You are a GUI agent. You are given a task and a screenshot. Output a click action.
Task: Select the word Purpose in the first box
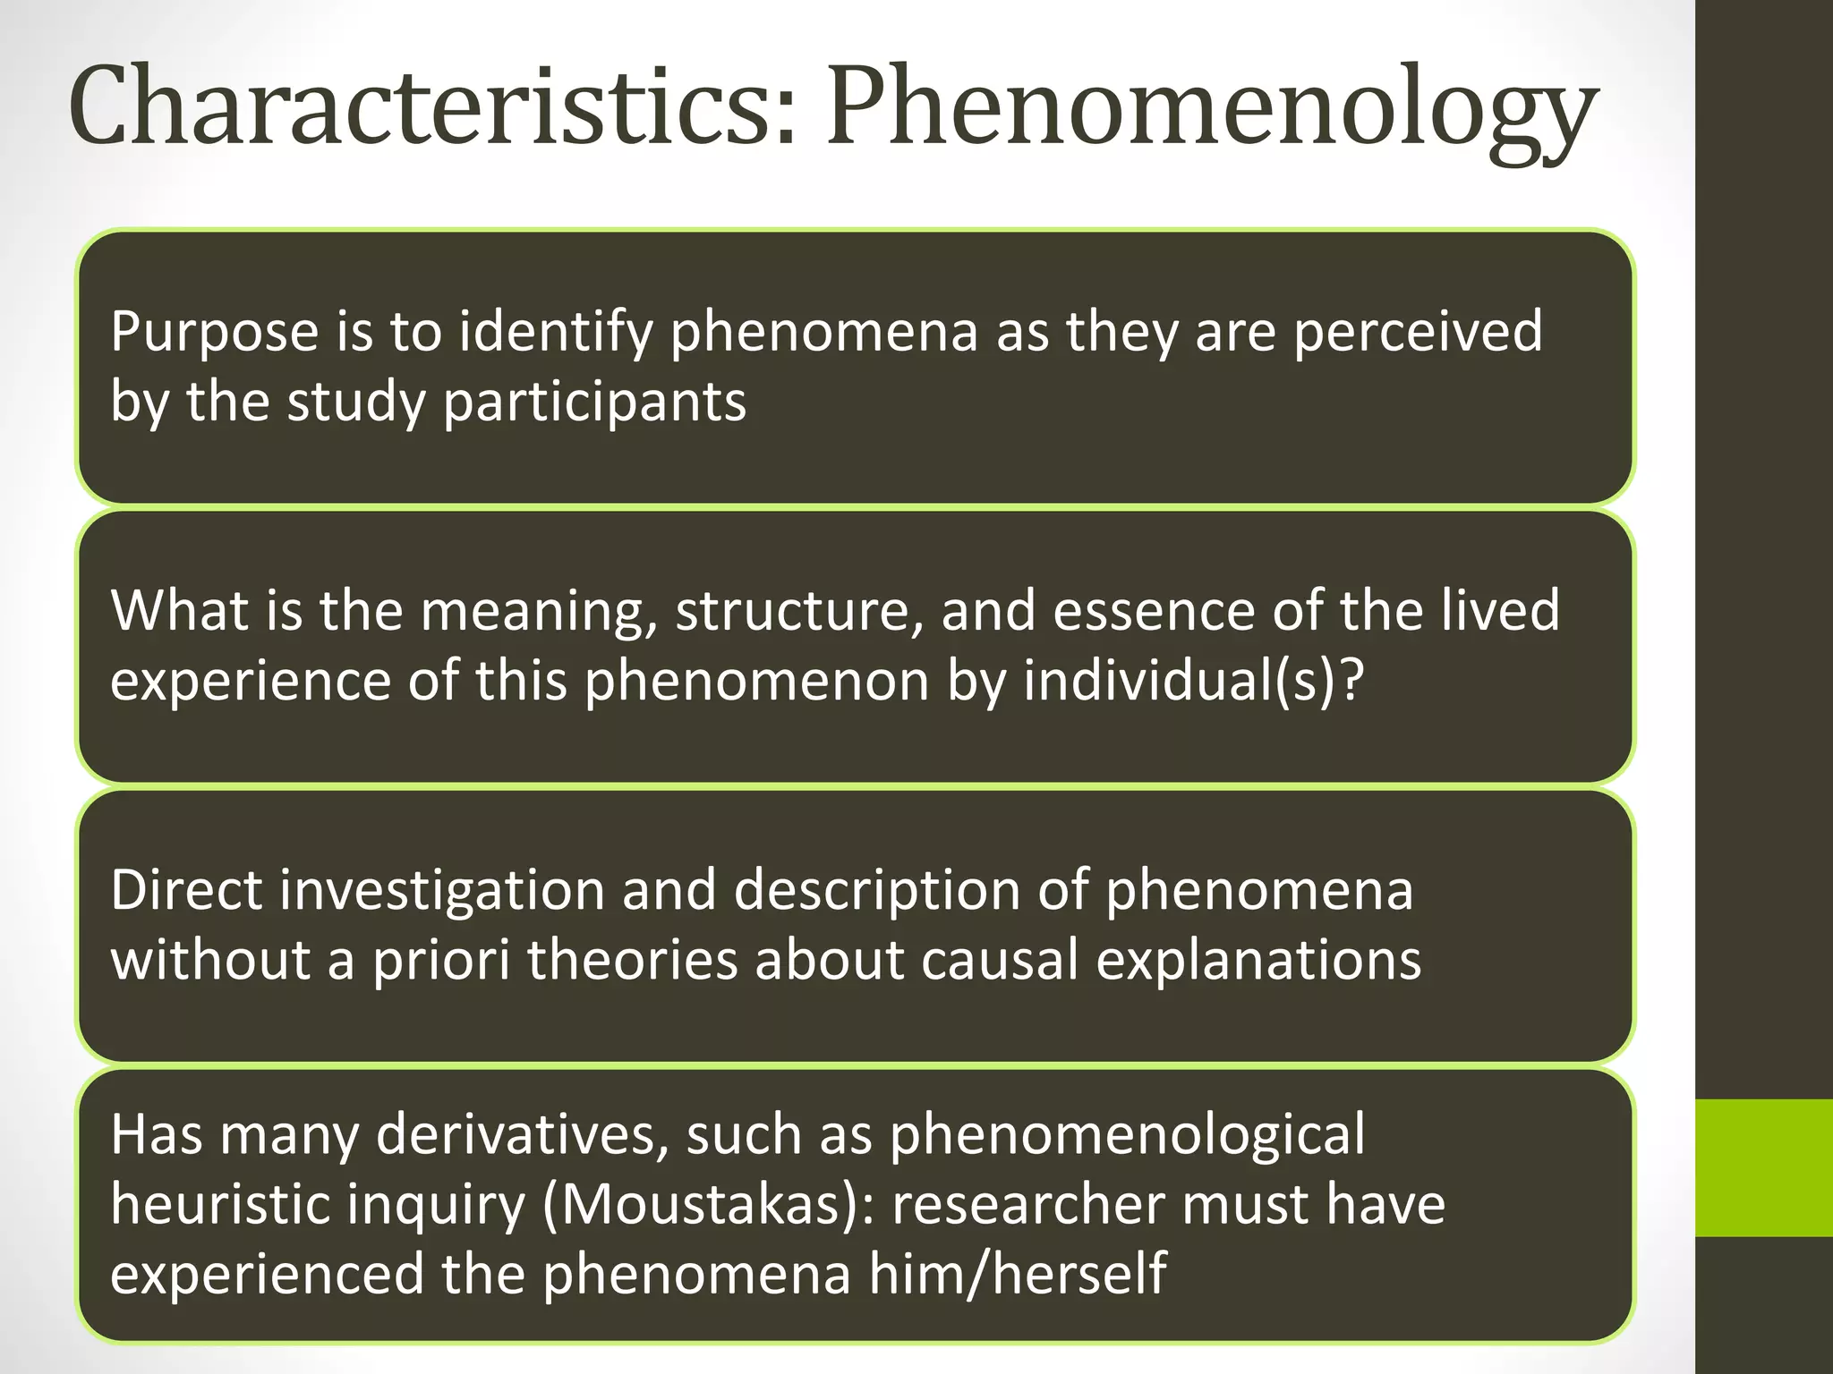point(215,333)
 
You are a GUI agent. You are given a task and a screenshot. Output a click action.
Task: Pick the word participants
point(594,403)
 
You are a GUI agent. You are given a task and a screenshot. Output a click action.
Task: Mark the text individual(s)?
point(1194,682)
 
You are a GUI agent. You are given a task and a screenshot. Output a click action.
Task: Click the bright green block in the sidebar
point(1764,1167)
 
